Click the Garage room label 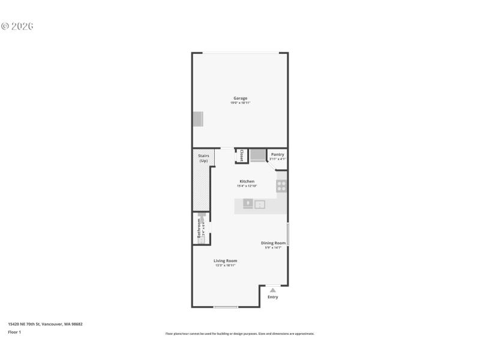click(240, 98)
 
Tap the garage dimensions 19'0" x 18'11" click(240, 103)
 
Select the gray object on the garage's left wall click(198, 119)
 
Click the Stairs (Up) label click(203, 158)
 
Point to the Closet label click(242, 155)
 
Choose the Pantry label click(277, 154)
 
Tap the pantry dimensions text click(277, 159)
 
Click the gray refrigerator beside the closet click(257, 155)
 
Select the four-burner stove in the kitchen click(281, 185)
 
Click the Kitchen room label click(247, 181)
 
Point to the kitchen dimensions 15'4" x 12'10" click(247, 186)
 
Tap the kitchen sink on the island click(260, 205)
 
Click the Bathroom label click(199, 229)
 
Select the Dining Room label click(273, 243)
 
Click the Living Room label click(226, 260)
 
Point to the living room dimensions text click(226, 265)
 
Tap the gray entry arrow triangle click(272, 290)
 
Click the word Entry click(272, 297)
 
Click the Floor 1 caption click(14, 332)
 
